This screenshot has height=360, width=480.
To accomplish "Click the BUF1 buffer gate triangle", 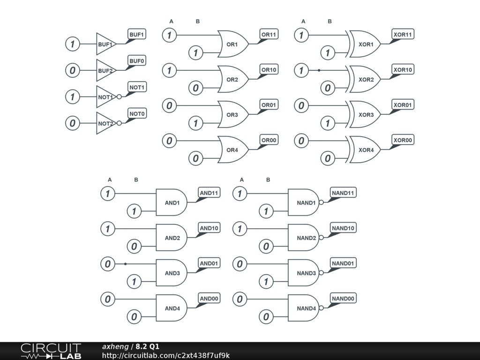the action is (x=105, y=45).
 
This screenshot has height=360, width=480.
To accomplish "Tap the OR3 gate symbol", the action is (x=232, y=115).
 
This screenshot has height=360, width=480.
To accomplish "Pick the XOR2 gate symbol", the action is (x=366, y=80).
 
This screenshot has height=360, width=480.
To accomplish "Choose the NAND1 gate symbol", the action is (x=304, y=203).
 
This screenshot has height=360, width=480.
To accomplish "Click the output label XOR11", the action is (x=403, y=35).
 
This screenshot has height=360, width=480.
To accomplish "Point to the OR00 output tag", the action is (x=269, y=140).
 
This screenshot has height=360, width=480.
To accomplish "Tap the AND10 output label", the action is (x=210, y=228).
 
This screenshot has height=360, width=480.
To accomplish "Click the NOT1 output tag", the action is (x=137, y=87).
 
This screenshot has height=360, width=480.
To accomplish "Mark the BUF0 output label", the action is (x=137, y=61).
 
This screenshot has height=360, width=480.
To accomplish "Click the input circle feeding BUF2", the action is (x=72, y=71).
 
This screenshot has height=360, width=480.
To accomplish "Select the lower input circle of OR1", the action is (x=195, y=53).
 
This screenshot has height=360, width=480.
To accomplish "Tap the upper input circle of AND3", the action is (x=108, y=264).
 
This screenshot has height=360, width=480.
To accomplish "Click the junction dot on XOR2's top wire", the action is (x=319, y=71).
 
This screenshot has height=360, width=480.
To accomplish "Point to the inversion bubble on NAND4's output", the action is (x=322, y=308).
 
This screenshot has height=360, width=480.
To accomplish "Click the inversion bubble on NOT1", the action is (x=119, y=97).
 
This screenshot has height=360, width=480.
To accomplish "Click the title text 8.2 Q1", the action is (x=148, y=346).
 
